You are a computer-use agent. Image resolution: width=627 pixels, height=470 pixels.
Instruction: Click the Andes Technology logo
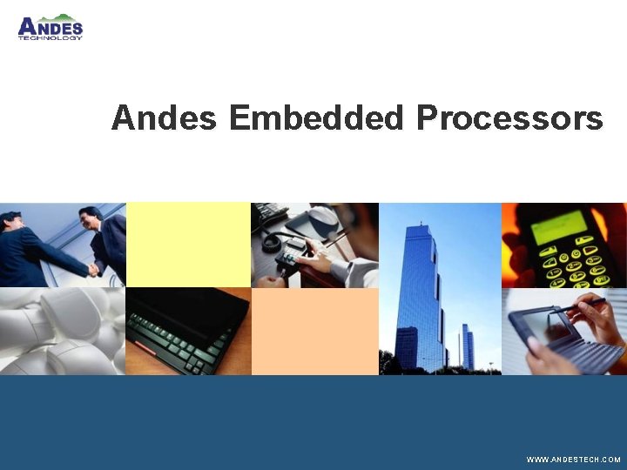[x=51, y=28]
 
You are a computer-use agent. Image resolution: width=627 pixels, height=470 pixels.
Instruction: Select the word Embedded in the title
[x=317, y=117]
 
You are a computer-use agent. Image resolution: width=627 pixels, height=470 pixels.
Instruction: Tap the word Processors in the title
[x=509, y=117]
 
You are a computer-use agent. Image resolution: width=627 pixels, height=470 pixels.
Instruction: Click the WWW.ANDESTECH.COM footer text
[x=573, y=459]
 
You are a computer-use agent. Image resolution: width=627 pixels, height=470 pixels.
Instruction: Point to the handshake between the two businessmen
[x=92, y=269]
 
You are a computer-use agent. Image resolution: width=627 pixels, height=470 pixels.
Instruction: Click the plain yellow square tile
[x=188, y=245]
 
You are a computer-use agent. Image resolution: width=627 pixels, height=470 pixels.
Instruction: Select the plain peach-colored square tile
[x=314, y=331]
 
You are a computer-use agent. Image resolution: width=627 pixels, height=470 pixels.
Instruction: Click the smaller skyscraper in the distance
[x=468, y=346]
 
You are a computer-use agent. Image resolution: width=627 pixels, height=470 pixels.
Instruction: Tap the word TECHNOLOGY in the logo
[x=51, y=38]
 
